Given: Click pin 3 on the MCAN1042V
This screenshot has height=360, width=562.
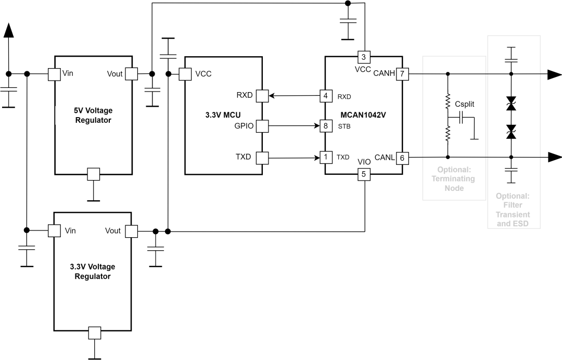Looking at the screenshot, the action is click(364, 57).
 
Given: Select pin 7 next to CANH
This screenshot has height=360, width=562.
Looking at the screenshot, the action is click(402, 74).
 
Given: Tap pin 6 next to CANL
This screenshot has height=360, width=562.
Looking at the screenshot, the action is click(402, 158).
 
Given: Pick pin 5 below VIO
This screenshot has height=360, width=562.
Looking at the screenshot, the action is click(364, 174).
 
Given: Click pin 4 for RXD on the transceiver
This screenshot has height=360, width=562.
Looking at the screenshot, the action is click(326, 96).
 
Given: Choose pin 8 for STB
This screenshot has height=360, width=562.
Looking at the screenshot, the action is click(326, 126).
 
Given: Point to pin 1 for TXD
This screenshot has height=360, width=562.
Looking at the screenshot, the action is click(326, 157).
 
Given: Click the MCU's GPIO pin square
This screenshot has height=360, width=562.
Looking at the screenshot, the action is click(262, 126).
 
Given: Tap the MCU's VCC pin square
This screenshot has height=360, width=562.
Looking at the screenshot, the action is click(185, 74).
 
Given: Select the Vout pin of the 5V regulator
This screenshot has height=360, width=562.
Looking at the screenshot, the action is click(131, 74).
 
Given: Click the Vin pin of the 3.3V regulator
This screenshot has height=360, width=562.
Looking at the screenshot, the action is click(54, 230).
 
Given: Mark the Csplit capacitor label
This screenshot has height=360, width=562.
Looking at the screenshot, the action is click(465, 104).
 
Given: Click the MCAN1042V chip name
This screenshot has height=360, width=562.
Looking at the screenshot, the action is click(363, 115).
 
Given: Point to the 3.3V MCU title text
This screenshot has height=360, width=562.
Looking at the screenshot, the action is click(223, 115).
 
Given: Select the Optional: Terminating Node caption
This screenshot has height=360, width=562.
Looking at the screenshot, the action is click(454, 179).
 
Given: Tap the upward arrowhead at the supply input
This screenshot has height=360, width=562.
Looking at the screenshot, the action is click(9, 30).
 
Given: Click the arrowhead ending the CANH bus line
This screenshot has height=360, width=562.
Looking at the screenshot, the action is click(555, 74).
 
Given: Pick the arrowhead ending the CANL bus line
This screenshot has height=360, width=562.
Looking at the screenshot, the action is click(555, 157).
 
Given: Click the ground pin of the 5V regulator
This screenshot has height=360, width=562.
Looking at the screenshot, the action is click(94, 174).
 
